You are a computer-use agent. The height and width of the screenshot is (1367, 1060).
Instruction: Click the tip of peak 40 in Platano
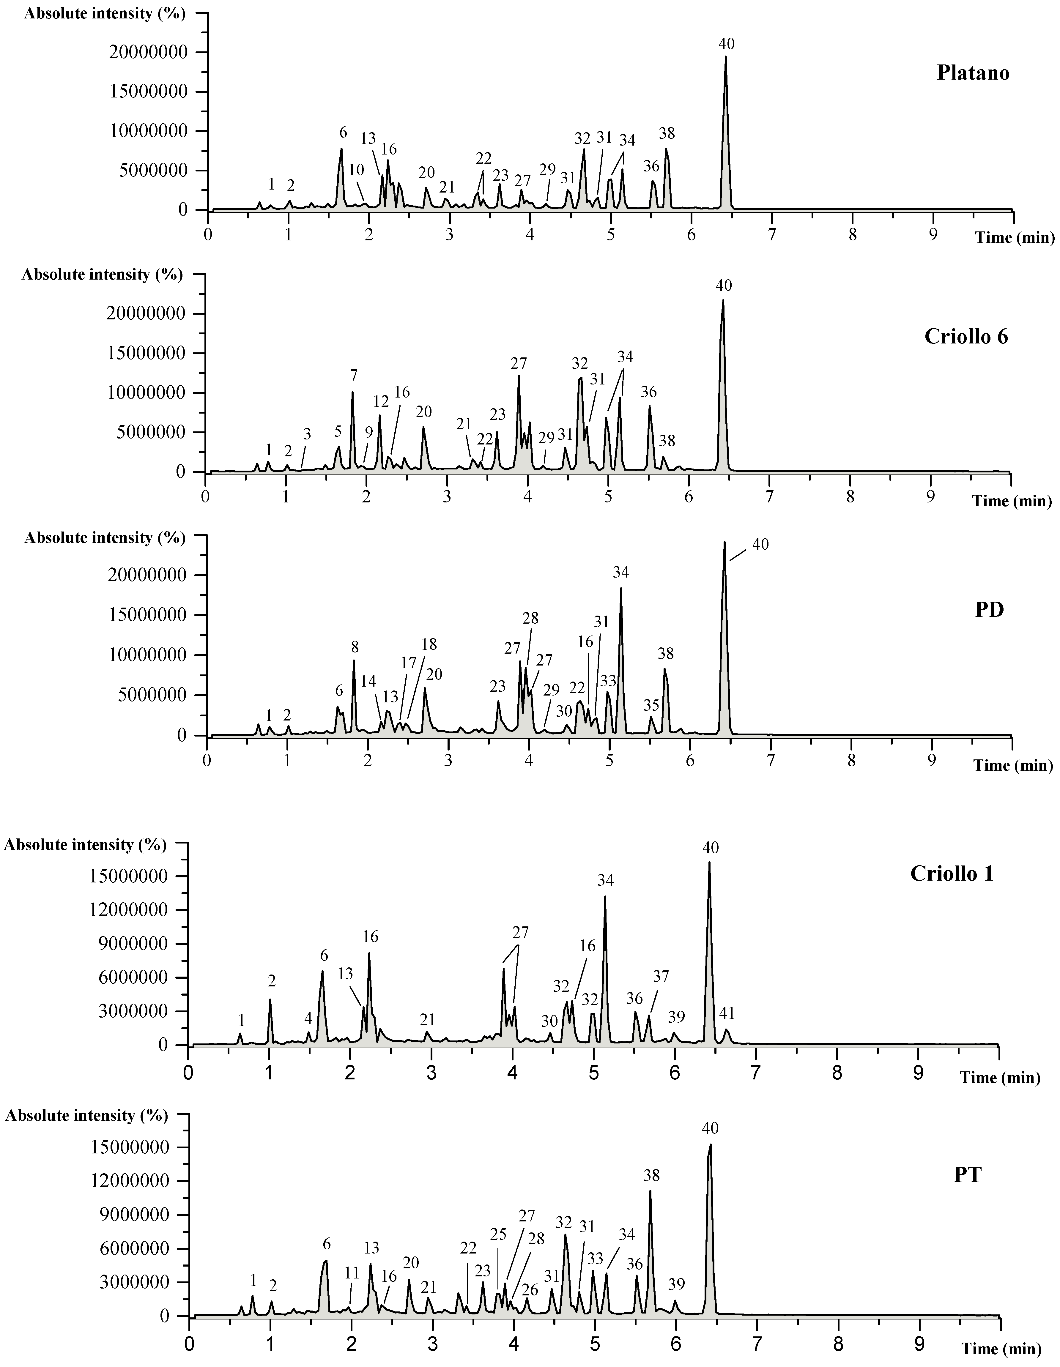tap(726, 56)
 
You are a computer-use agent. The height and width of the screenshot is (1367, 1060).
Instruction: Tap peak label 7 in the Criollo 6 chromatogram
tap(354, 376)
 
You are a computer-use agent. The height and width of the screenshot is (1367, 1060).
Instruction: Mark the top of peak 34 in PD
tap(621, 588)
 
